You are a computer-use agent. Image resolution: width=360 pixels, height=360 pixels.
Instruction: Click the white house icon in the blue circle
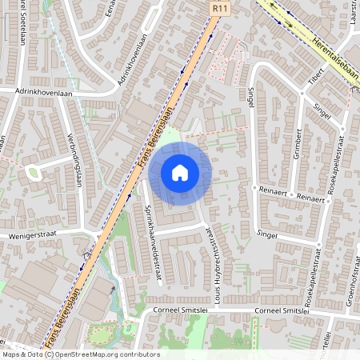click(x=180, y=173)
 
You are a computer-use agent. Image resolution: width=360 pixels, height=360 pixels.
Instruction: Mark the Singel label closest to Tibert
click(x=322, y=110)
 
